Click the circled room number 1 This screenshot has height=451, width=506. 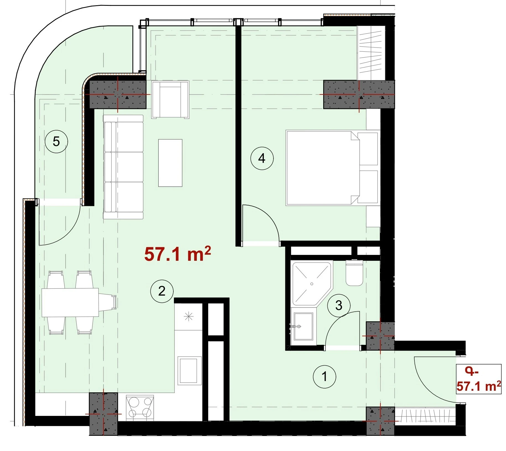pos(324,376)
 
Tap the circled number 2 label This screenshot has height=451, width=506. pos(162,291)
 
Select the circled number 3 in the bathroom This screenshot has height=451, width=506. pos(339,306)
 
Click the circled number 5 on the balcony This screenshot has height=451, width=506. pos(56,142)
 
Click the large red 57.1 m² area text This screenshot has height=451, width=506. pos(178,254)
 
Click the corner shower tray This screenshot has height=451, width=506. pos(312,284)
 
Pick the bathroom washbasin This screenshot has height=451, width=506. pos(303,326)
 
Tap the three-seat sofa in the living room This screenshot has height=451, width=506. pos(123,167)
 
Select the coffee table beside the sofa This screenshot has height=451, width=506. pos(170,163)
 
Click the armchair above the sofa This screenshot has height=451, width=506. pos(170,100)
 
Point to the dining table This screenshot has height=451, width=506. pos(70,303)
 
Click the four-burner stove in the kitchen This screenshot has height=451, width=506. pos(140,408)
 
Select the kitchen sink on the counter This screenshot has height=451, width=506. pos(189,370)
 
